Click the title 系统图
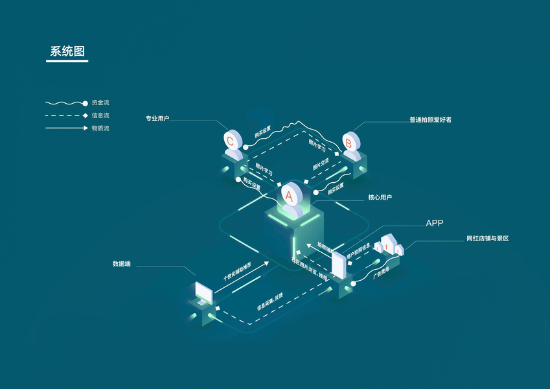pos(67,51)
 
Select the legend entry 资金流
pos(100,102)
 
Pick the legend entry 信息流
pos(100,115)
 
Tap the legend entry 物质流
pos(100,128)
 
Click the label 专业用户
pos(157,119)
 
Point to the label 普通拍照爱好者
pos(430,119)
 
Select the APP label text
pos(434,223)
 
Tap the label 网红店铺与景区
pos(487,239)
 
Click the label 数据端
pos(121,264)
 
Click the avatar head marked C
pos(231,139)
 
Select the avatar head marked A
pos(289,193)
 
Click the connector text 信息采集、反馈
pos(269,303)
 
